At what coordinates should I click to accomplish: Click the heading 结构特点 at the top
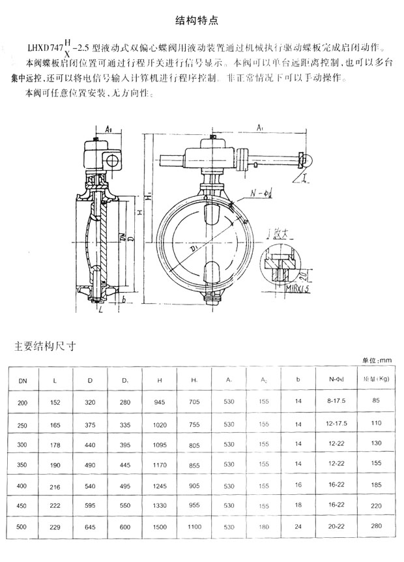(201, 20)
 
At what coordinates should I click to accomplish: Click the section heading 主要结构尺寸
(45, 346)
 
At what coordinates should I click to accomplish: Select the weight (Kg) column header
(375, 379)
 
